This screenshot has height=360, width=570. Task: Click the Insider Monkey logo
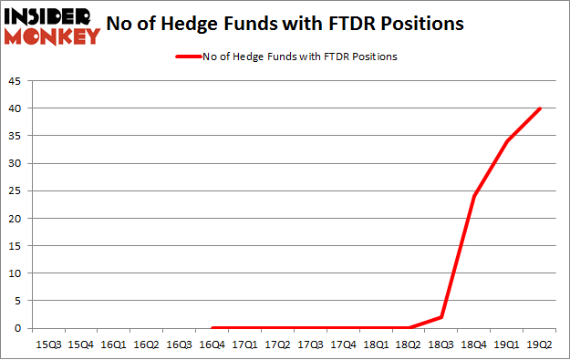tap(52, 26)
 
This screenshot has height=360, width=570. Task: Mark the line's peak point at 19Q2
tap(540, 108)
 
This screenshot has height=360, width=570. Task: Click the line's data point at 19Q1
tap(507, 141)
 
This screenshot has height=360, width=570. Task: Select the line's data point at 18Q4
tap(474, 196)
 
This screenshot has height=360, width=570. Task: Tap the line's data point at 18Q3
tap(441, 317)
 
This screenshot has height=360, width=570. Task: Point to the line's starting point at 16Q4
tap(212, 328)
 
